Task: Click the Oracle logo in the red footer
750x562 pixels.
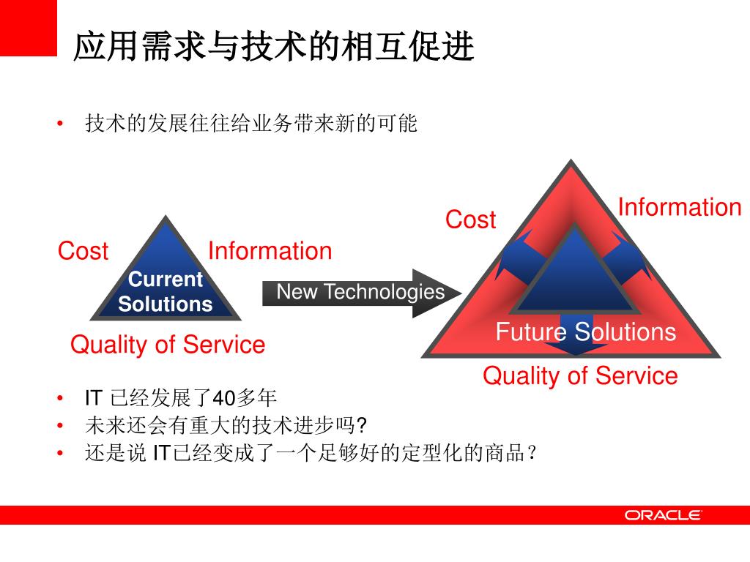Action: (x=663, y=515)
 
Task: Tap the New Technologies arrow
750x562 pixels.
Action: (x=360, y=293)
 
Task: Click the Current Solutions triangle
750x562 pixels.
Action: (x=166, y=285)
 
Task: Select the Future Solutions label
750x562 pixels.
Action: (x=585, y=331)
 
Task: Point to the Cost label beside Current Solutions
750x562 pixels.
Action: (x=83, y=251)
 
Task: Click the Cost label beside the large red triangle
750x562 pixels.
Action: (x=470, y=220)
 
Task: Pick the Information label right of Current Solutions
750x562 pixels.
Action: (x=270, y=251)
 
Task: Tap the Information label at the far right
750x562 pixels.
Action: (x=680, y=207)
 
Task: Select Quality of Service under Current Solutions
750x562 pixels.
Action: (x=168, y=344)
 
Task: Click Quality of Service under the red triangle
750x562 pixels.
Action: (x=580, y=375)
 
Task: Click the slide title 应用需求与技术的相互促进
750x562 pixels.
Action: (x=274, y=48)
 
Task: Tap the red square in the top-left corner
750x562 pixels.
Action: (x=28, y=27)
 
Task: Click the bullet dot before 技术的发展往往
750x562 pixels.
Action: (x=62, y=124)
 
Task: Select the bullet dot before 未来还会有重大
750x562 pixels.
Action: (x=62, y=426)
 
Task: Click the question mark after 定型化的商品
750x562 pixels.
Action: (x=532, y=453)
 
